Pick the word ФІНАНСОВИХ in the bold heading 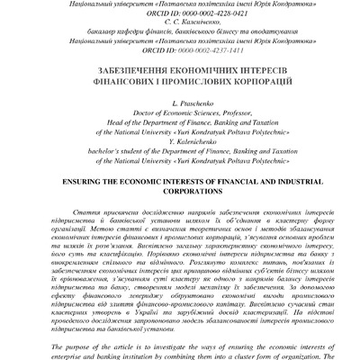pos(120,80)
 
